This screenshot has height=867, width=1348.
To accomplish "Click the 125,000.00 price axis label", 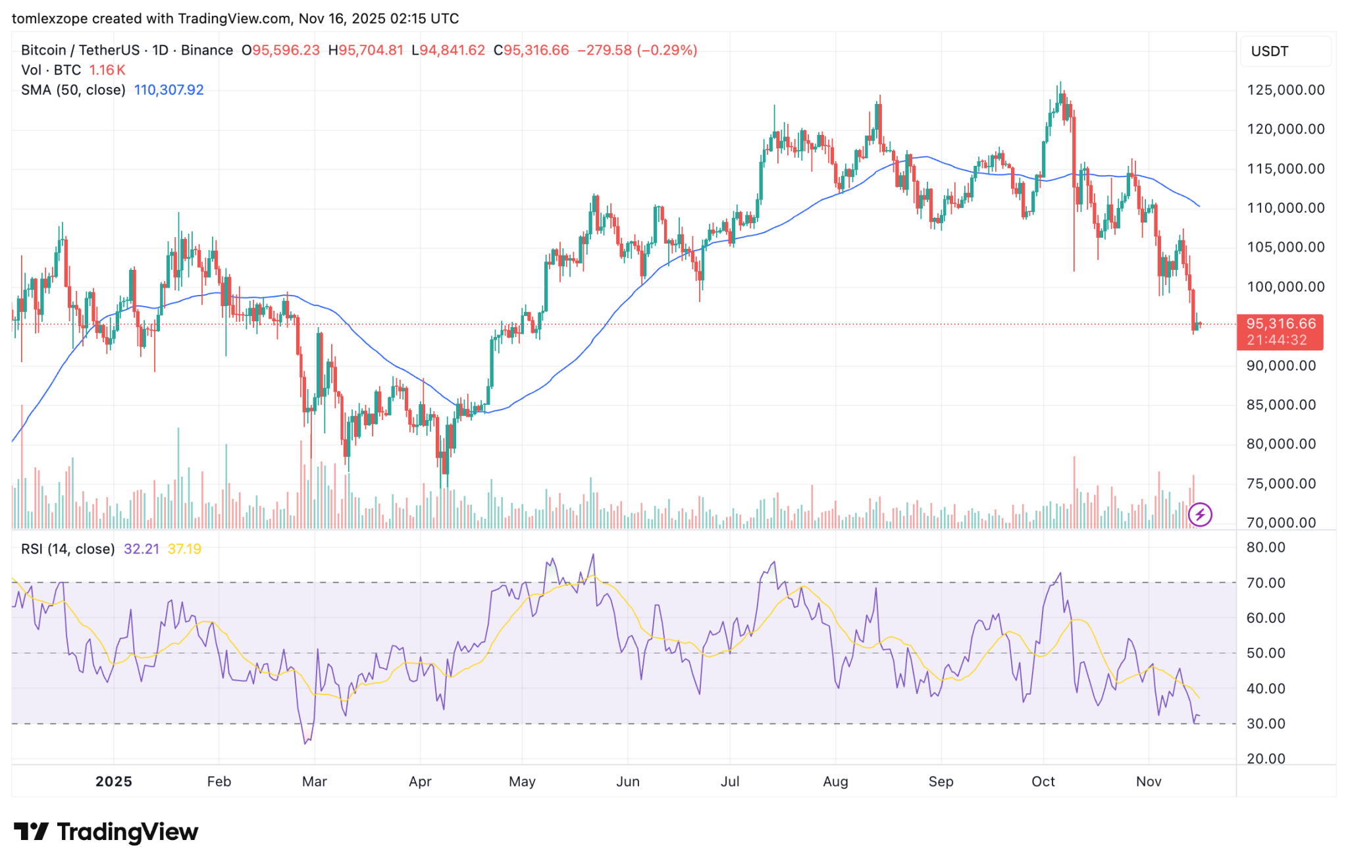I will click(x=1285, y=90).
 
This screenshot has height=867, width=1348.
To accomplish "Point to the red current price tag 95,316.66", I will click(x=1280, y=324).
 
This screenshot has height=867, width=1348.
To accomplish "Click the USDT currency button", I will click(x=1269, y=51).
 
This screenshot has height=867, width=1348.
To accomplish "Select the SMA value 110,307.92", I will click(x=168, y=90).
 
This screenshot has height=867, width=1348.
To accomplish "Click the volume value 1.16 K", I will click(x=107, y=70).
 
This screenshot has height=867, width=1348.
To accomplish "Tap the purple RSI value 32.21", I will click(x=141, y=549).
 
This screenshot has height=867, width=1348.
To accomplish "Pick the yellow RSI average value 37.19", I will click(x=184, y=549).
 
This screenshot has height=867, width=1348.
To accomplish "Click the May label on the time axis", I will click(x=522, y=781).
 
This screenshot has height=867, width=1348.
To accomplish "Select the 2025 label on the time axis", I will click(x=113, y=781).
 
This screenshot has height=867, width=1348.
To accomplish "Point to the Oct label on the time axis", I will click(x=1043, y=781).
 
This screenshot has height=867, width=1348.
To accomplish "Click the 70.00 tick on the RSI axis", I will click(x=1266, y=583).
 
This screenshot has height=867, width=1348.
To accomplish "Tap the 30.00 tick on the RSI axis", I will click(x=1266, y=724).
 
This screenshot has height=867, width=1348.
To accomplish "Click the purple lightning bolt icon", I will click(x=1200, y=515).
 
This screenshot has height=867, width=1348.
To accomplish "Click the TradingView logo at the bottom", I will click(x=105, y=832).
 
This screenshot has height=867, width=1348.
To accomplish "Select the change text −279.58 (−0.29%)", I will click(x=636, y=51).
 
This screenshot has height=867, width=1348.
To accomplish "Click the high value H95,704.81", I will click(x=365, y=51).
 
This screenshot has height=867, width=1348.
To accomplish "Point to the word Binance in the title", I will click(x=207, y=51).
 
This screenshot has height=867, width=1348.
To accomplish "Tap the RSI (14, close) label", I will click(x=68, y=549).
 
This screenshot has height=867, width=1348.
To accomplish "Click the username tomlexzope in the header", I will click(x=49, y=18).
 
